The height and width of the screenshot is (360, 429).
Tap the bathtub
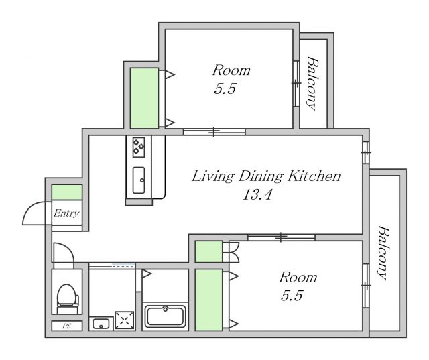click(166, 316)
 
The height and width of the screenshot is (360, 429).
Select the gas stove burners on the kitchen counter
click(139, 147)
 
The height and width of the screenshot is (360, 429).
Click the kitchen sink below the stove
click(139, 180)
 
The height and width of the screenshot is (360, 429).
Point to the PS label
click(67, 326)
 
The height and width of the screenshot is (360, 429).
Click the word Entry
click(66, 213)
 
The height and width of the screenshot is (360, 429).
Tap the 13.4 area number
click(257, 195)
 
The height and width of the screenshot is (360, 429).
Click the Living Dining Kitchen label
click(266, 176)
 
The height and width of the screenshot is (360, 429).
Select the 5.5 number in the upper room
click(225, 88)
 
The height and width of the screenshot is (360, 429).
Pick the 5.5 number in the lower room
click(292, 296)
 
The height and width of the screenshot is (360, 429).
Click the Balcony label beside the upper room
click(312, 83)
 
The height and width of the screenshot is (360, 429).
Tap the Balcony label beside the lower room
click(384, 253)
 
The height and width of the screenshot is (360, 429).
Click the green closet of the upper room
click(144, 98)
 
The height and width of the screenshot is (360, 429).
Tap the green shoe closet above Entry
click(67, 192)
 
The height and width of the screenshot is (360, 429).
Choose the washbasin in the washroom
click(101, 324)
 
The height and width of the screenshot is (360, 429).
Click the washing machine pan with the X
click(125, 320)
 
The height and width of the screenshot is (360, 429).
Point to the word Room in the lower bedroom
click(298, 277)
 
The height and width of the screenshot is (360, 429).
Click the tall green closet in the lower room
click(208, 300)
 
